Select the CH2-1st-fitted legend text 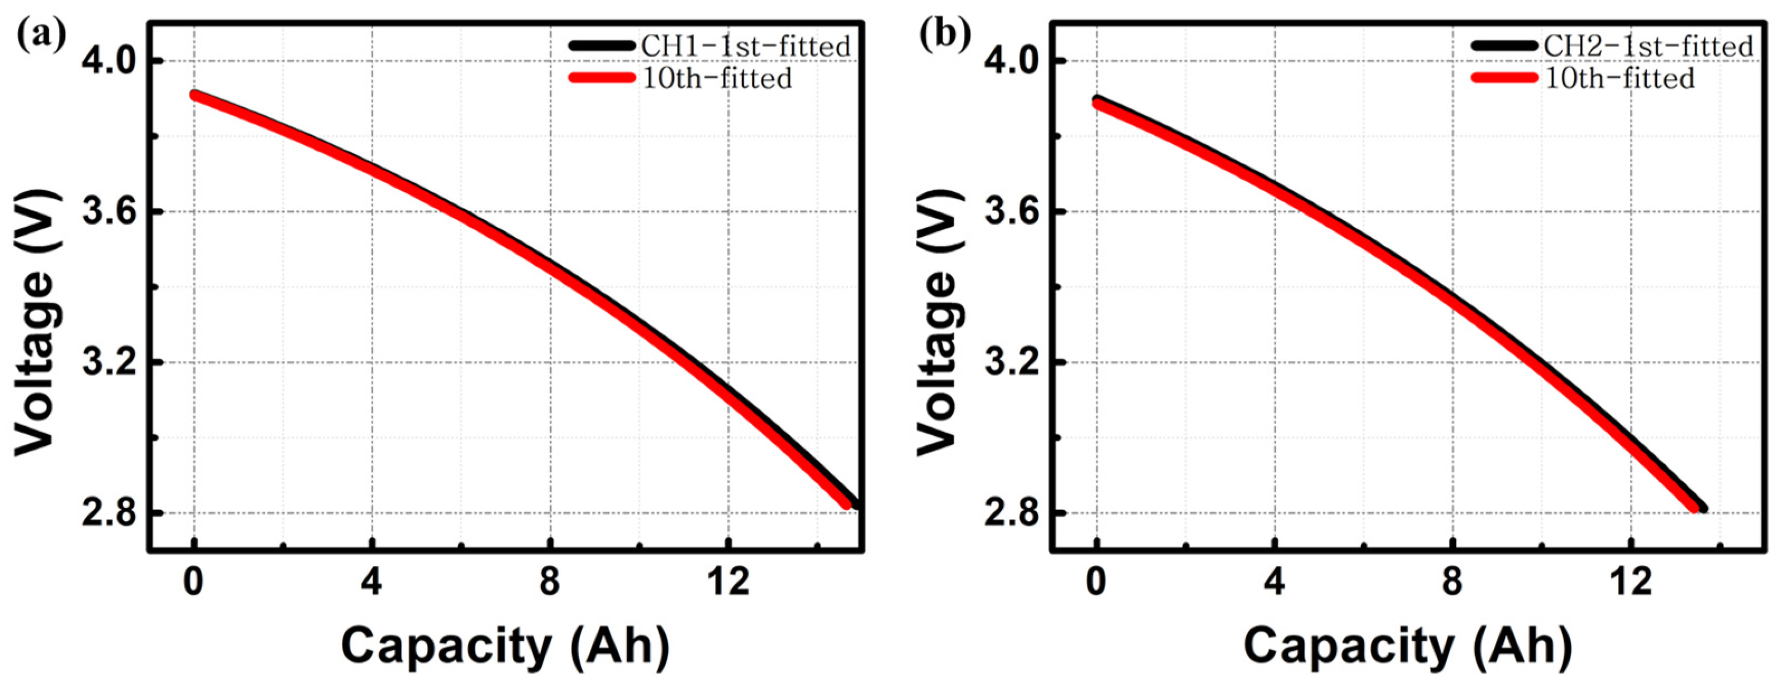pos(1648,47)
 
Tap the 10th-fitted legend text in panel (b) pos(1619,78)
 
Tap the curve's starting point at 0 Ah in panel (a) pos(195,94)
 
